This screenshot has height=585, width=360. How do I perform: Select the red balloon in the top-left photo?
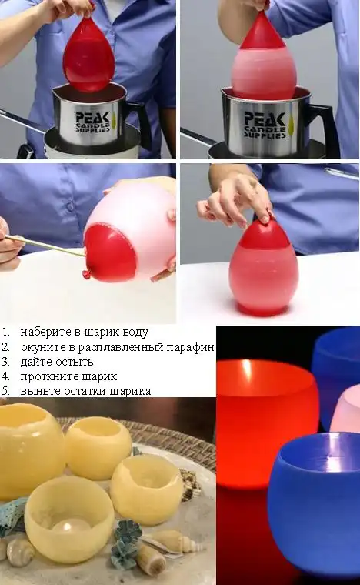(x=88, y=55)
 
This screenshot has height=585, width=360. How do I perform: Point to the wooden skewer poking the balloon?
(x=45, y=246)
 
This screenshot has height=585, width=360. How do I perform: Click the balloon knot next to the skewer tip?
(x=86, y=274)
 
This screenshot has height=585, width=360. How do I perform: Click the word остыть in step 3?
(x=76, y=362)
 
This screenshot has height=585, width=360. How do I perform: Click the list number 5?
(x=5, y=391)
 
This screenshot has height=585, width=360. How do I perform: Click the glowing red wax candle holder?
(x=265, y=406)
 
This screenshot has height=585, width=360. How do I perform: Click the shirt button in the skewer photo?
(x=70, y=206)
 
